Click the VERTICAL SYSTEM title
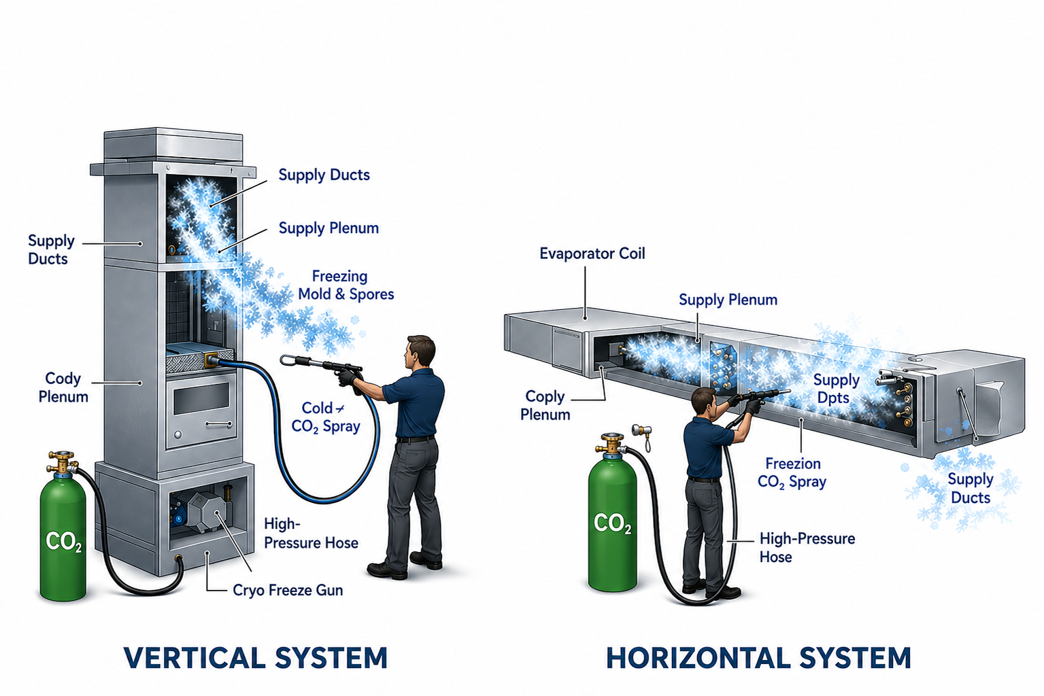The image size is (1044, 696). pos(256,658)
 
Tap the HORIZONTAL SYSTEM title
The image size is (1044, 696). pos(758,658)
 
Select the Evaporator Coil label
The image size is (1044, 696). pos(592,254)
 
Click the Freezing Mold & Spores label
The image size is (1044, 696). pos(346,285)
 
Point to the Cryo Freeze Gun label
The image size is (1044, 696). pos(288,590)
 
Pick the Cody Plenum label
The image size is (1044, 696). pos(63,387)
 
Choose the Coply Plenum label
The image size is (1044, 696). pos(545,405)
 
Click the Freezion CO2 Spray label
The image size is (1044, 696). pos(792,472)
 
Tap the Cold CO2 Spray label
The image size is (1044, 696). pos(325,417)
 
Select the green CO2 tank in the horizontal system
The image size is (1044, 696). pos(612,523)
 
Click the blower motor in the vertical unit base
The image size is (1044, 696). pos(203,510)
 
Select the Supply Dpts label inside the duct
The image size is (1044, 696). pos(836,389)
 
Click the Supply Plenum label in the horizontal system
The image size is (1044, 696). pos(728,300)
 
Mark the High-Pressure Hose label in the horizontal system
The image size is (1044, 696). pos(807,548)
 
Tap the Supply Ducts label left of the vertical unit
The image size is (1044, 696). pos(50,249)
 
